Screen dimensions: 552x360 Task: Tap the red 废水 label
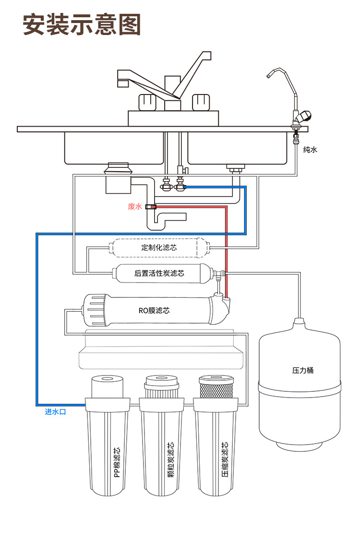(x=134, y=207)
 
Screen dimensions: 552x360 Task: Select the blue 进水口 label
(x=55, y=411)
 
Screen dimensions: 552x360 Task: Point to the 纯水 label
(x=310, y=150)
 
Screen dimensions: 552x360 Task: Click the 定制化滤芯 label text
(x=159, y=248)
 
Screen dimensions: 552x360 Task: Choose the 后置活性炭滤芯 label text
(x=159, y=273)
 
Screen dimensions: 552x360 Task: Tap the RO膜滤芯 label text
(x=154, y=311)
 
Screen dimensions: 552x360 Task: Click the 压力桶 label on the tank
(x=303, y=370)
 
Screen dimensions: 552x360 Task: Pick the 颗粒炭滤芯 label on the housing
(x=171, y=459)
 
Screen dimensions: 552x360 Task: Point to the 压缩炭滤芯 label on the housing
(x=225, y=459)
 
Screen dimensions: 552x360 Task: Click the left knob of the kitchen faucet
(x=147, y=102)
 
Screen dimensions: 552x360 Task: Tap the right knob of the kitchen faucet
(x=201, y=102)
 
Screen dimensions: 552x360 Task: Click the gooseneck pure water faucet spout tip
(x=269, y=75)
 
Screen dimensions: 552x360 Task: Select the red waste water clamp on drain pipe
(x=151, y=207)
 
